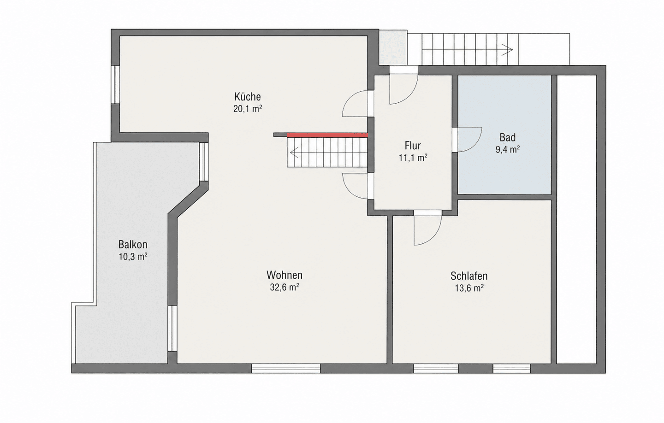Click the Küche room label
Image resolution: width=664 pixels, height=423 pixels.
[248, 97]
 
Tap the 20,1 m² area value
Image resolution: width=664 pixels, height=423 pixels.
[248, 109]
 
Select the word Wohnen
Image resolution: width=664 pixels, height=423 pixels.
[284, 275]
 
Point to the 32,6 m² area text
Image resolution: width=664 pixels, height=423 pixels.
[284, 288]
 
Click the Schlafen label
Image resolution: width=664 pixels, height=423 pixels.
[469, 276]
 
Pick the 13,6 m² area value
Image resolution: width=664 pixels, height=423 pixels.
[469, 288]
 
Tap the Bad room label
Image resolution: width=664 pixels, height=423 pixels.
[508, 137]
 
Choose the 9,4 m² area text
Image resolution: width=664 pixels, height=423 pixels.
[508, 150]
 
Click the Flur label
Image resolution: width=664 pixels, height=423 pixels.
[413, 146]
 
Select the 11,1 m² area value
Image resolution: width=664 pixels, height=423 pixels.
[413, 158]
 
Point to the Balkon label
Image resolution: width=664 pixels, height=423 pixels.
[133, 245]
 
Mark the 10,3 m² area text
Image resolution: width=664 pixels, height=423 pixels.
[133, 257]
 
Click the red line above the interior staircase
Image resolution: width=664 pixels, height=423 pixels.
[327, 135]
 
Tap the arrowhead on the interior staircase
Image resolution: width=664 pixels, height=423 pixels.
[294, 153]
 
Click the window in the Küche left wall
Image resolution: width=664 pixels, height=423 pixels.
[115, 84]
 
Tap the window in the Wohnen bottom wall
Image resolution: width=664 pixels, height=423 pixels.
[286, 369]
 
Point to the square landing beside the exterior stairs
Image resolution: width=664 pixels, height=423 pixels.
[393, 47]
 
